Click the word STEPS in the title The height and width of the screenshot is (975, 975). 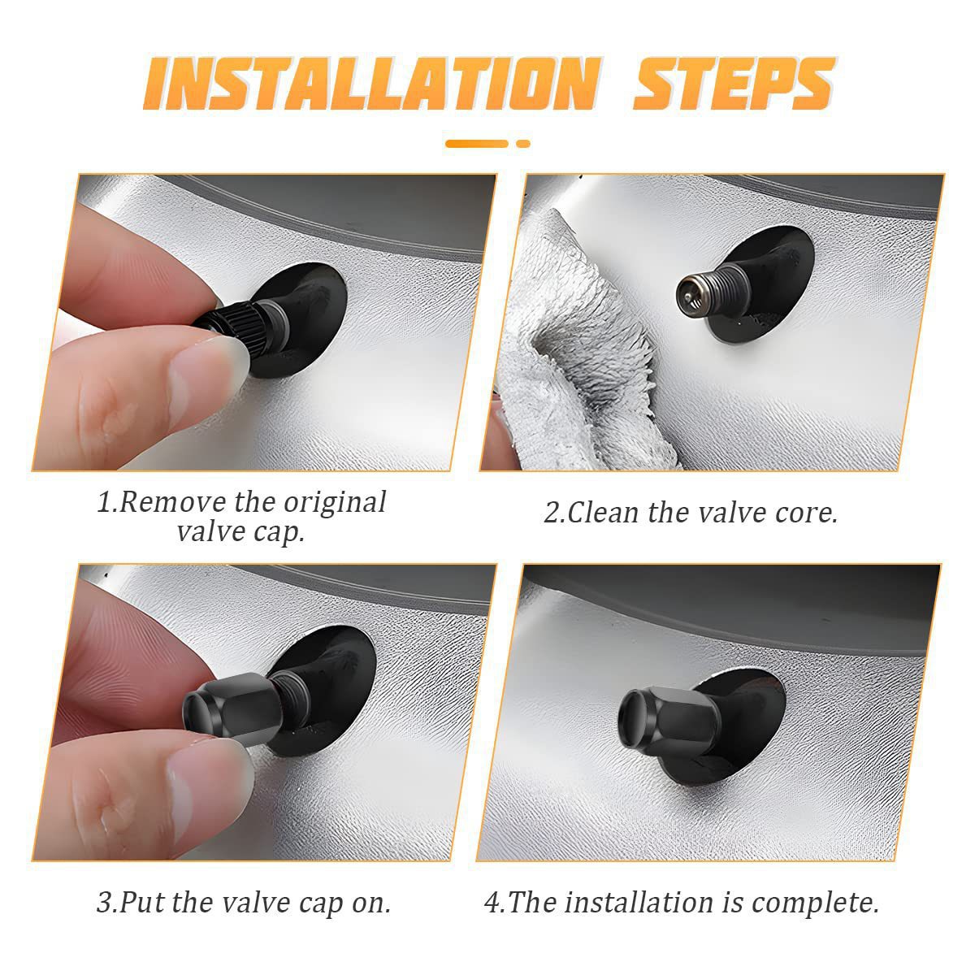(x=734, y=84)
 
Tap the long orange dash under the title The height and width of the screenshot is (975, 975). (x=476, y=144)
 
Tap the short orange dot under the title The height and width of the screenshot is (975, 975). (x=523, y=144)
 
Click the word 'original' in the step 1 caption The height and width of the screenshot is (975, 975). (x=335, y=503)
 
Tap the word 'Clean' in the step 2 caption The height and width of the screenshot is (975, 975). (x=603, y=513)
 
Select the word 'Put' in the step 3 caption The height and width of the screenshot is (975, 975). (x=141, y=903)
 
